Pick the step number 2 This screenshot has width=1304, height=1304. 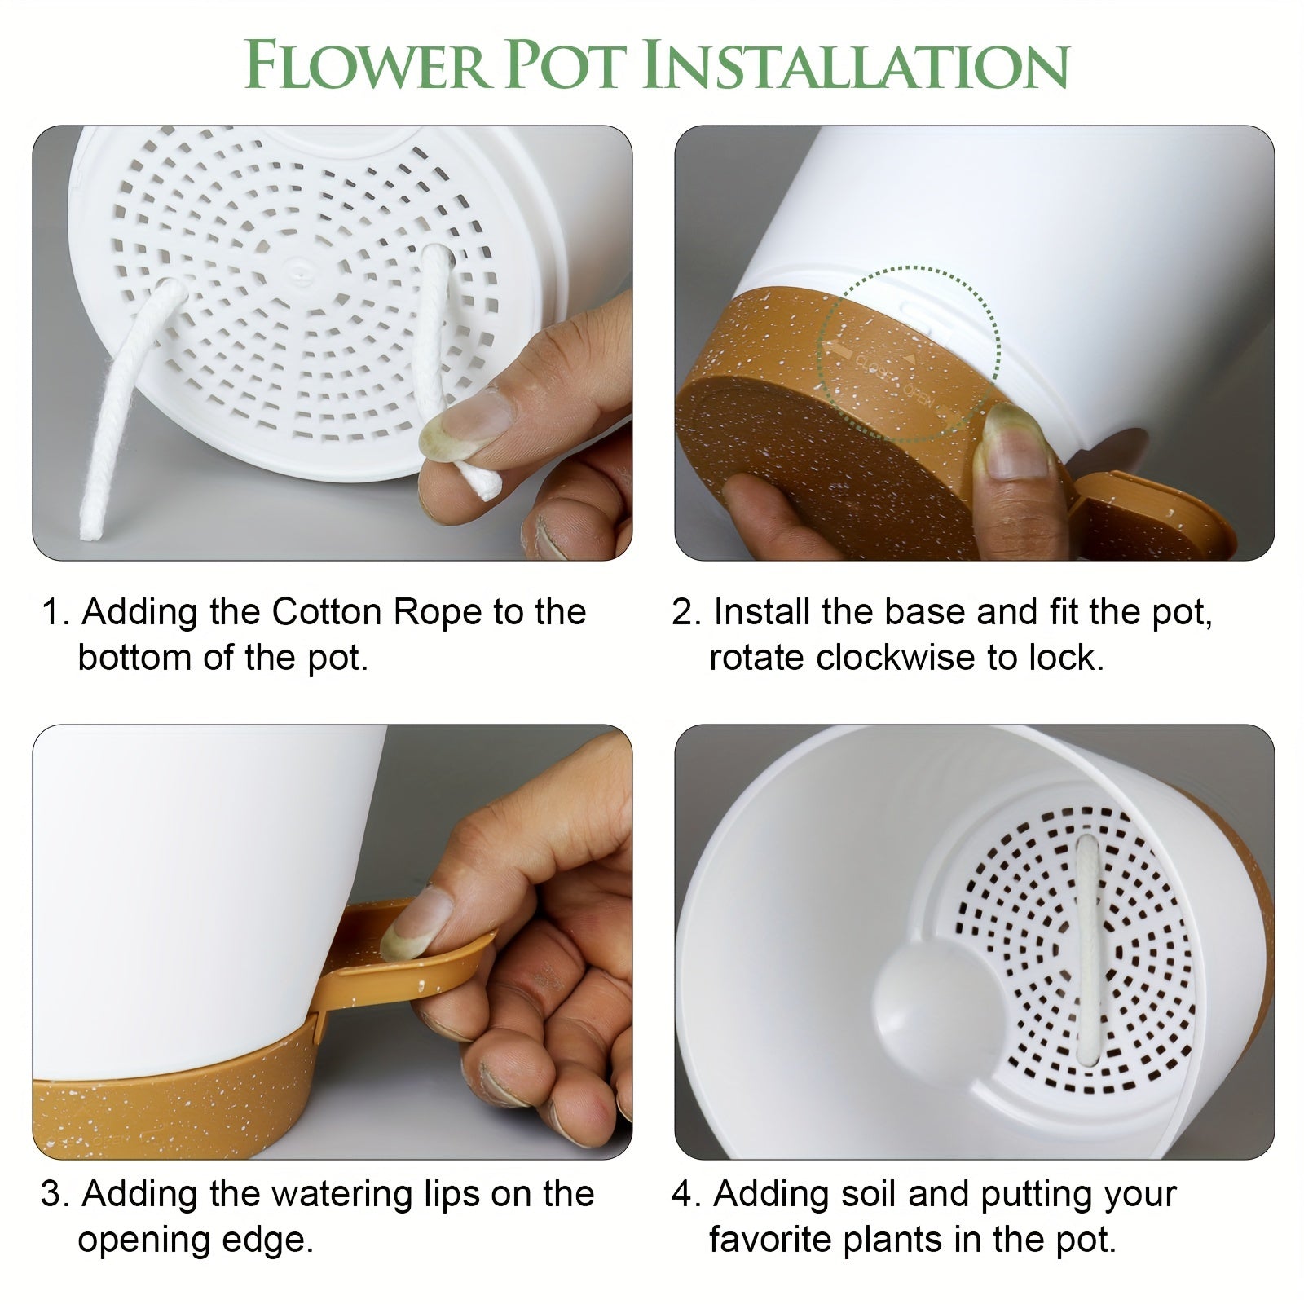pos(682,613)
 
